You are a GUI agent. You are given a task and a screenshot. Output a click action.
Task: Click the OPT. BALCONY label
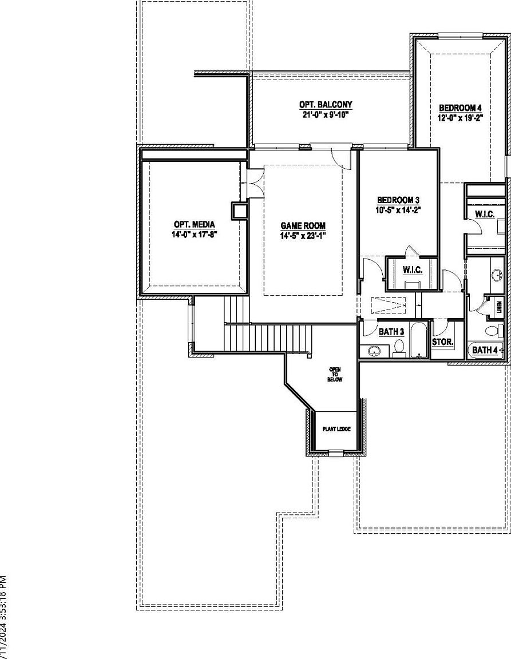click(326, 105)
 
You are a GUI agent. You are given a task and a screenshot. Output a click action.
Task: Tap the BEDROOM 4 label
click(461, 108)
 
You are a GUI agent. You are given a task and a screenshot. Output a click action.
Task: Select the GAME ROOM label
click(303, 226)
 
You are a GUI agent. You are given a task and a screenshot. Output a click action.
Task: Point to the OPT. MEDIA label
click(195, 225)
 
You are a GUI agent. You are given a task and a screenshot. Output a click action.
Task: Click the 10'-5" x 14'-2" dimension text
click(398, 209)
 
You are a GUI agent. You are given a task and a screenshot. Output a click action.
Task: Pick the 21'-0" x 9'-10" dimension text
click(326, 114)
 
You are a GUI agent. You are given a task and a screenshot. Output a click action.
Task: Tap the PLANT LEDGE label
click(335, 429)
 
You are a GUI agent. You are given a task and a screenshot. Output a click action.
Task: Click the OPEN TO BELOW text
click(335, 375)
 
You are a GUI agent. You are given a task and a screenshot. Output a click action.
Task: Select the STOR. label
click(442, 342)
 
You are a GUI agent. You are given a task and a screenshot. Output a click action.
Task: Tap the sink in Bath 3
click(375, 351)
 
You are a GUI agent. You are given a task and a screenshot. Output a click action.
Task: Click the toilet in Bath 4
click(492, 331)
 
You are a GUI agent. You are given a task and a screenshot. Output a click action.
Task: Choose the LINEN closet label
click(499, 308)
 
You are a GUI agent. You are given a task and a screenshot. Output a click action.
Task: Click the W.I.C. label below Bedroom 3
click(412, 269)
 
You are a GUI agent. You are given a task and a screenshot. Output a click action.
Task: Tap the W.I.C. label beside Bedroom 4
click(484, 214)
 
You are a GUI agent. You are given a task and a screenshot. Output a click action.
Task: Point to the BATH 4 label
click(485, 350)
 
